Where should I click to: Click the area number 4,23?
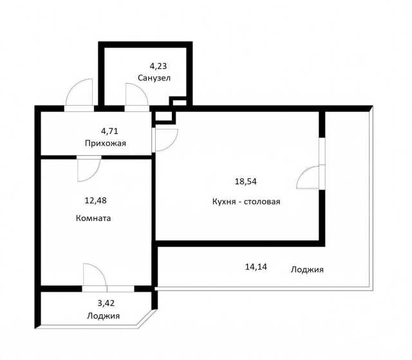158,66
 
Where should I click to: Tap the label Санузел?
154,78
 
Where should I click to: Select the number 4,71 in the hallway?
109,131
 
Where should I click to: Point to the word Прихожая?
106,144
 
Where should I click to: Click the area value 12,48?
95,201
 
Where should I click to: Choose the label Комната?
93,218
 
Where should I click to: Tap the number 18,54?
246,182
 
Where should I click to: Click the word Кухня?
223,202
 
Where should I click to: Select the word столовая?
262,202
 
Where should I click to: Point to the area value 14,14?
256,267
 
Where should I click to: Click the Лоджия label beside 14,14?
307,270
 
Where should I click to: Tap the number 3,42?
106,303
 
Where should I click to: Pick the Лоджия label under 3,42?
103,316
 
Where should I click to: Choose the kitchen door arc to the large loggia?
303,173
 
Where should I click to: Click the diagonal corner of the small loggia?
147,319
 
